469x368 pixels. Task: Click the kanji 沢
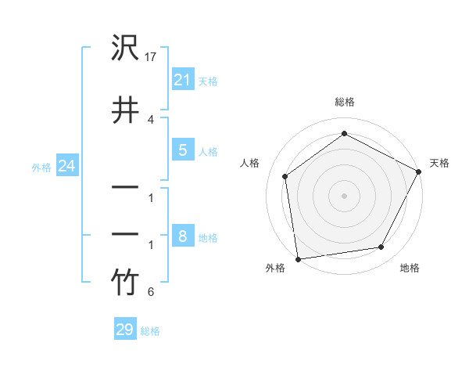[125, 49]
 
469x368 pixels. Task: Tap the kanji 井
[125, 110]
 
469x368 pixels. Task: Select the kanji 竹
[125, 283]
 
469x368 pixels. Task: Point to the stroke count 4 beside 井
[151, 119]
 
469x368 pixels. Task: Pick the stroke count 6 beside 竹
[151, 293]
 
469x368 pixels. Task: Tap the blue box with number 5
[182, 150]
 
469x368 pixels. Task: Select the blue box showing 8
[182, 236]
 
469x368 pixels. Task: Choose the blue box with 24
[67, 165]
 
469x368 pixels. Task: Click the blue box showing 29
[124, 330]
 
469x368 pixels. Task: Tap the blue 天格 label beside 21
[208, 80]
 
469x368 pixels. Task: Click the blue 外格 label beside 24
[41, 167]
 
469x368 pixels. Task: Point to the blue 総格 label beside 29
[150, 331]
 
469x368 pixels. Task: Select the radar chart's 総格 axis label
[344, 102]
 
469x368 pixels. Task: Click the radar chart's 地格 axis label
[410, 268]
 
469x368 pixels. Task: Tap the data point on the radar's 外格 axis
[298, 258]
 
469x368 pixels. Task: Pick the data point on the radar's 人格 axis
[285, 176]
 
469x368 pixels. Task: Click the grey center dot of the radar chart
[344, 195]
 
